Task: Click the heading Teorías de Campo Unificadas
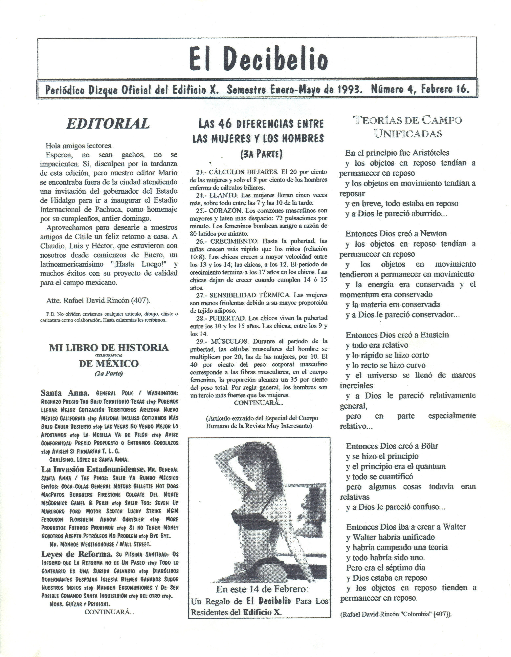point(408,127)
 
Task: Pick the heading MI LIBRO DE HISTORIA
point(109,348)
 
